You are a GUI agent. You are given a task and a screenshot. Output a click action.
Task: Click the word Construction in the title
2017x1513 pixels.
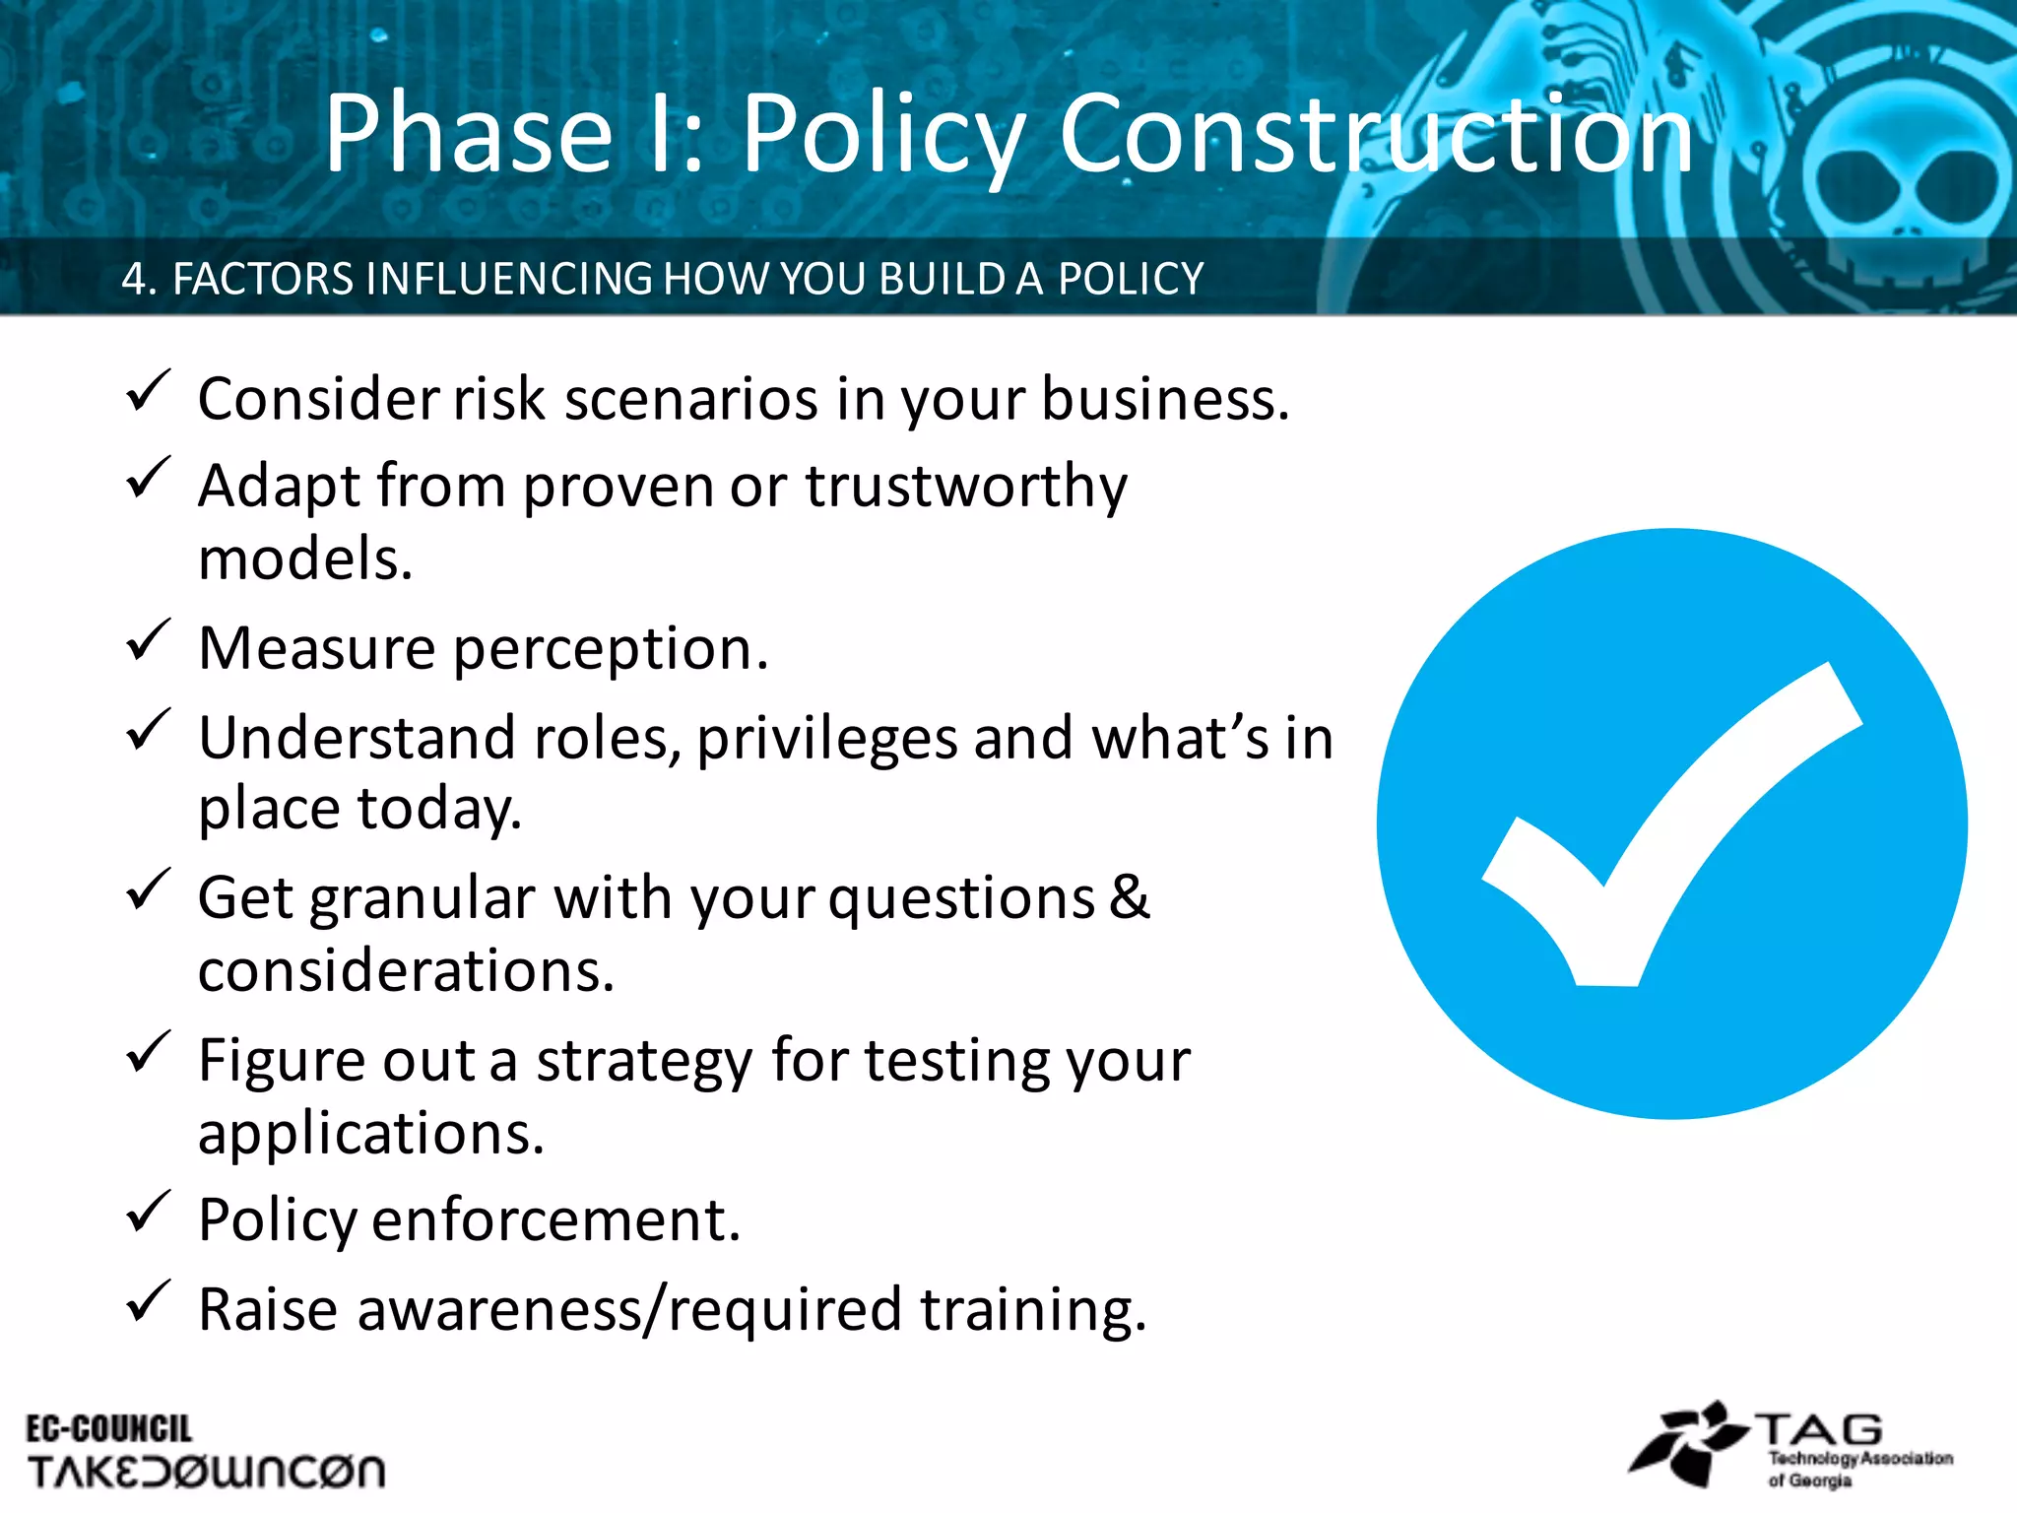(x=1376, y=133)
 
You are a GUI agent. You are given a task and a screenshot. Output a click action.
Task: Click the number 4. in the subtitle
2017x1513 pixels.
(x=139, y=279)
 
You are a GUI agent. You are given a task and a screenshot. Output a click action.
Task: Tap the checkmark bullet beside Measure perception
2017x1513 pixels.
(x=149, y=641)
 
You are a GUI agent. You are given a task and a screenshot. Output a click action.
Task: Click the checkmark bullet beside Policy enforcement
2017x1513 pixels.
(x=149, y=1213)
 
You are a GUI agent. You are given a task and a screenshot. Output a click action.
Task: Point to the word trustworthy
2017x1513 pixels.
(x=966, y=487)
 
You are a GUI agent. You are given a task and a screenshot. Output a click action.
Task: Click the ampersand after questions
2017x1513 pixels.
(x=1129, y=897)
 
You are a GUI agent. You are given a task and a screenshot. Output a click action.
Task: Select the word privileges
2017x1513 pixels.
(x=826, y=739)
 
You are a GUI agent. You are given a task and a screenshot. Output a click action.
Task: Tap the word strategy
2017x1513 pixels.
(x=644, y=1062)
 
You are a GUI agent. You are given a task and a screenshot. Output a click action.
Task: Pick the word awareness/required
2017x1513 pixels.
(x=629, y=1310)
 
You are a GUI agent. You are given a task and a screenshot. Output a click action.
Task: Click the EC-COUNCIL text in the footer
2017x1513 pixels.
(x=108, y=1429)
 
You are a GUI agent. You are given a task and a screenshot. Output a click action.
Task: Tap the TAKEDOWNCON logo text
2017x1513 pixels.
(x=206, y=1472)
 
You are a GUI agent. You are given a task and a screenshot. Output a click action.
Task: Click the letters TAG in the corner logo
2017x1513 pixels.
(x=1819, y=1429)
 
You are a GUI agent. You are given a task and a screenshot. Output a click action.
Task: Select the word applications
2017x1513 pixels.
(x=370, y=1134)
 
